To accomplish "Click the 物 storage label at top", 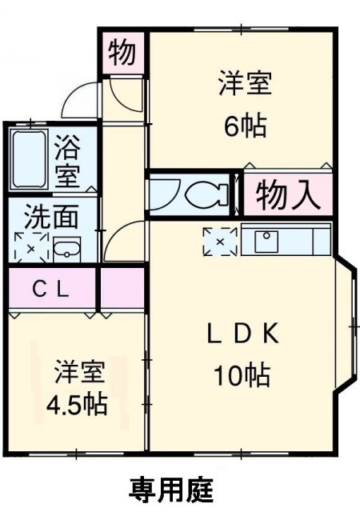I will (123, 53).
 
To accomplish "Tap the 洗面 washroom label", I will (50, 218).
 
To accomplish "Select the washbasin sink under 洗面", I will (66, 248).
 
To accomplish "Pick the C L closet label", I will (50, 289).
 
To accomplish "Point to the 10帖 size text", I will (240, 374).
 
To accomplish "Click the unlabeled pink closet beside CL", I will (122, 289).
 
